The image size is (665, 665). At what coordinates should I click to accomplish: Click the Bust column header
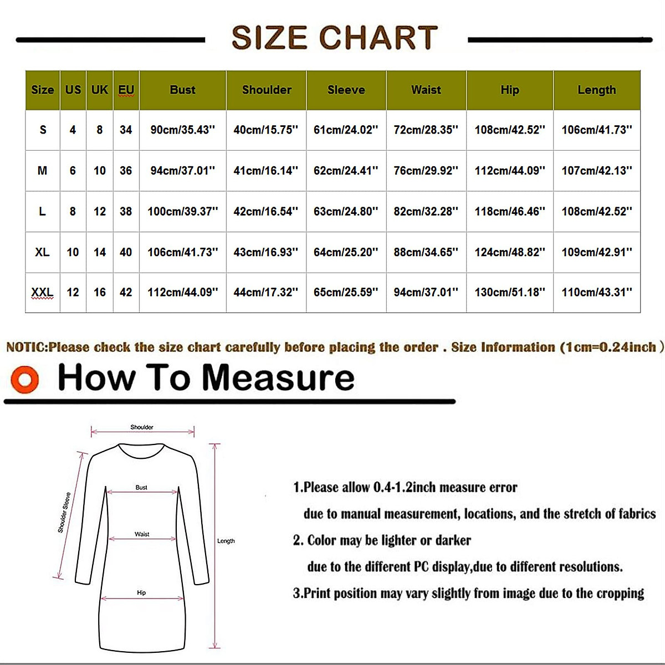pyautogui.click(x=182, y=90)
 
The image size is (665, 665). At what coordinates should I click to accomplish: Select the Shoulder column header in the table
pyautogui.click(x=267, y=90)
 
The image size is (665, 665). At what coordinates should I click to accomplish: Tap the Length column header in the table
pyautogui.click(x=596, y=90)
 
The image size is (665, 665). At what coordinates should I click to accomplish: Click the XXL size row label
pyautogui.click(x=42, y=292)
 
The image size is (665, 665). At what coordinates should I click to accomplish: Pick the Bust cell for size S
pyautogui.click(x=182, y=130)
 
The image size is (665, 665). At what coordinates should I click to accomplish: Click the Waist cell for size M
pyautogui.click(x=426, y=171)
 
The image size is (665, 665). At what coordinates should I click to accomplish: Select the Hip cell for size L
pyautogui.click(x=510, y=211)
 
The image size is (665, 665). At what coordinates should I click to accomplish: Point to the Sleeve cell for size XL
pyautogui.click(x=346, y=252)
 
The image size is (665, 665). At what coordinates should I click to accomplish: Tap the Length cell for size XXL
pyautogui.click(x=596, y=292)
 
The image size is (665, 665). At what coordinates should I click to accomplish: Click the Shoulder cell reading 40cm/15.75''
pyautogui.click(x=265, y=130)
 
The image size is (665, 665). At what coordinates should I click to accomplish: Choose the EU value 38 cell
pyautogui.click(x=126, y=211)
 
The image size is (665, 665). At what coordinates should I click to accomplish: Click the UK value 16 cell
pyautogui.click(x=100, y=292)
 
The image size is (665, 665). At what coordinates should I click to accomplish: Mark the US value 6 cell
pyautogui.click(x=73, y=171)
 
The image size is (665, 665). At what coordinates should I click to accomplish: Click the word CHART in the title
pyautogui.click(x=378, y=38)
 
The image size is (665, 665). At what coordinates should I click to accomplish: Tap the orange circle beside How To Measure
pyautogui.click(x=24, y=380)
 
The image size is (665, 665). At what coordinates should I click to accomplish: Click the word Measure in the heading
pyautogui.click(x=278, y=378)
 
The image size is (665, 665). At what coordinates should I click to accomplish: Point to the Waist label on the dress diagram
pyautogui.click(x=142, y=534)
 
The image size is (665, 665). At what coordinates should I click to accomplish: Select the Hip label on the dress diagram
pyautogui.click(x=141, y=593)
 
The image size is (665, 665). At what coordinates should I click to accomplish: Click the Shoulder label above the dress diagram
pyautogui.click(x=142, y=427)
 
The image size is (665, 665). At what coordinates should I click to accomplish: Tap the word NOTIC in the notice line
pyautogui.click(x=25, y=347)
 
